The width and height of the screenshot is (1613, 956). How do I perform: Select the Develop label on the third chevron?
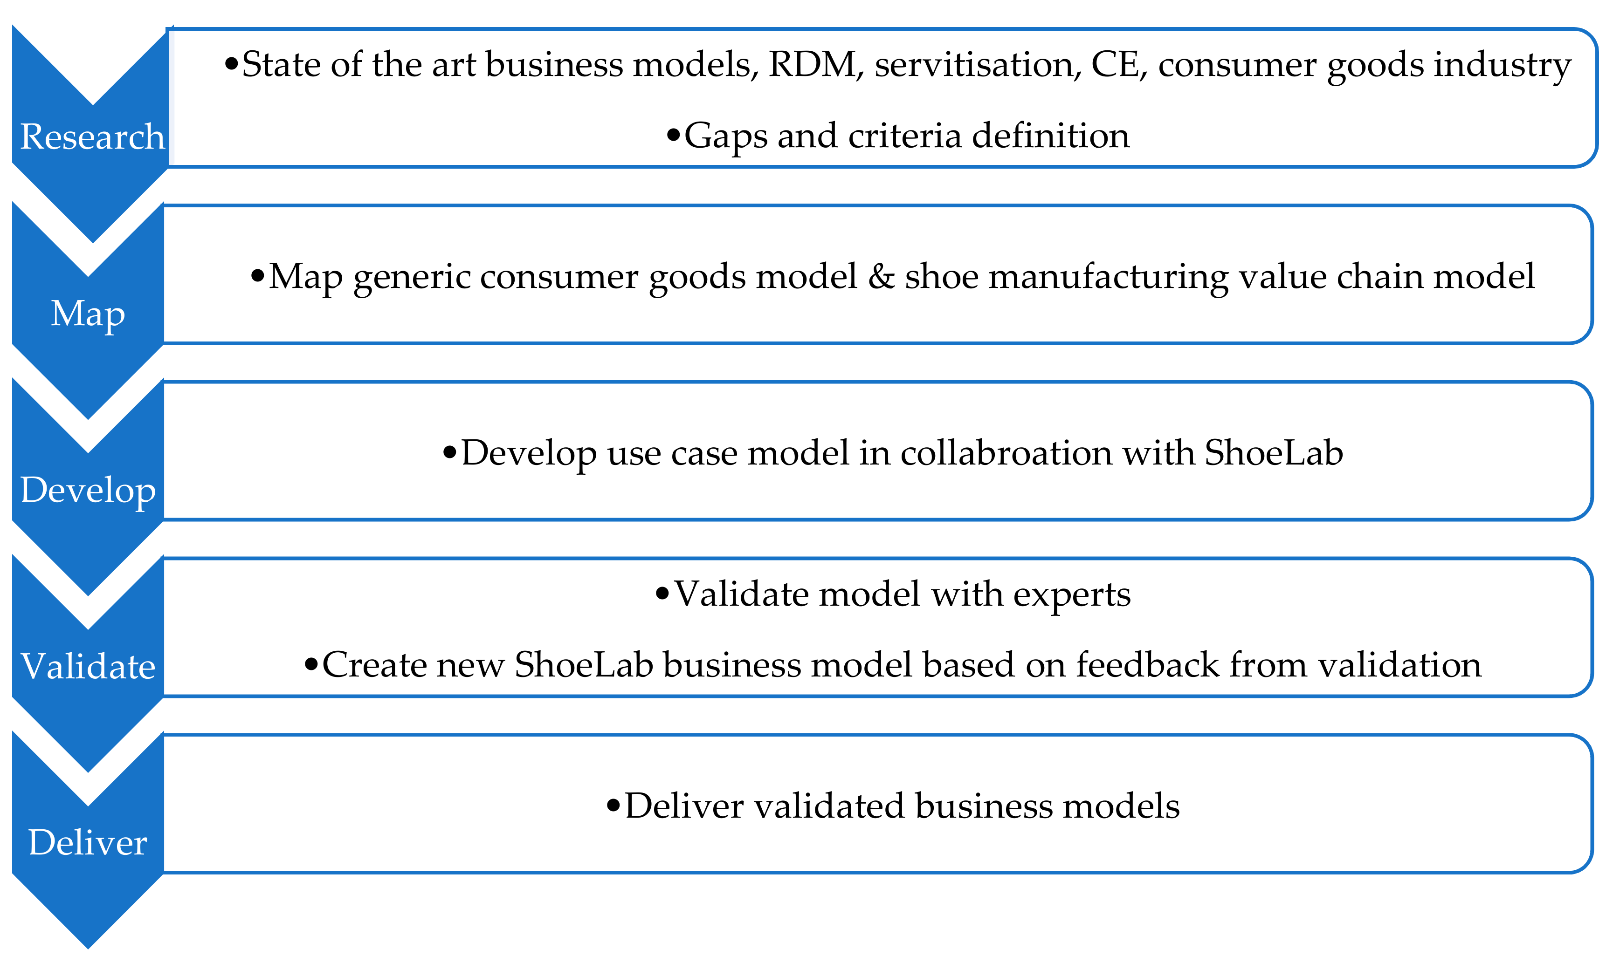click(88, 490)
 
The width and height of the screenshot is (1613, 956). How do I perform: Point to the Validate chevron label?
click(88, 666)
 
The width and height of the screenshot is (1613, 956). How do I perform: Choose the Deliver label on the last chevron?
click(88, 843)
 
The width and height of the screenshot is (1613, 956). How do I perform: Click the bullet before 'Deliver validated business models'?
click(613, 805)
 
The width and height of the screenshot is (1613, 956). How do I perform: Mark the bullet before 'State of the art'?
click(231, 64)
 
